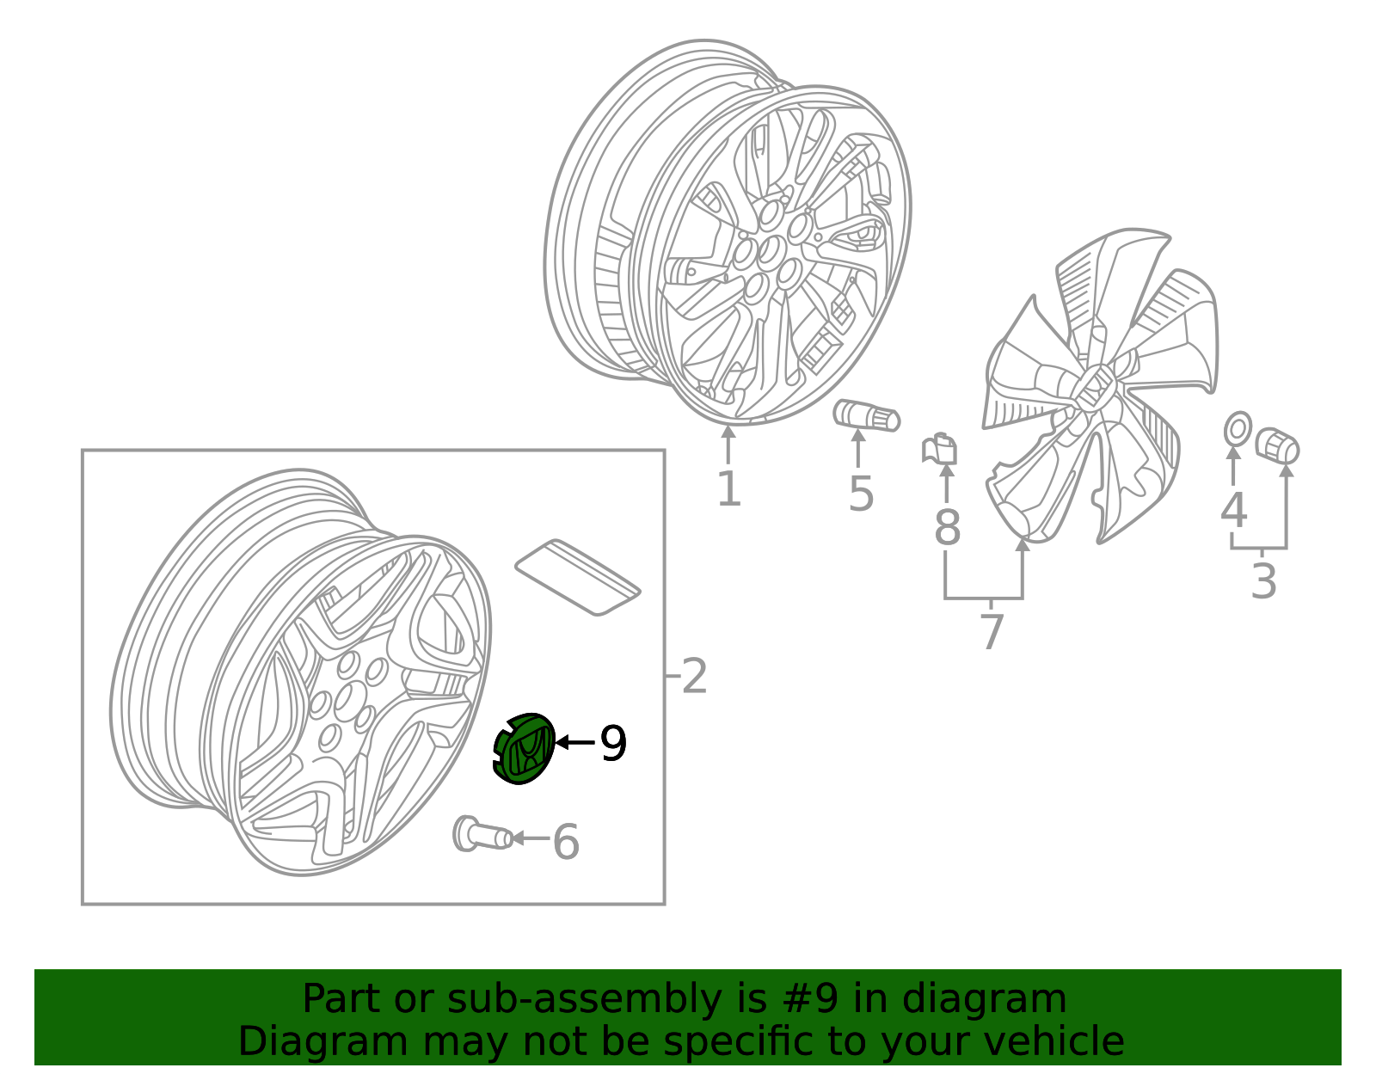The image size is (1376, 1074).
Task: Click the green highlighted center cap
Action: click(524, 748)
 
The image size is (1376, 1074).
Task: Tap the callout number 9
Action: click(613, 744)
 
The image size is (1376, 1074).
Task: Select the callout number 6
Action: click(566, 842)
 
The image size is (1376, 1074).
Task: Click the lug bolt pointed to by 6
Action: click(482, 834)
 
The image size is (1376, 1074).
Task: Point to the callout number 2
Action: click(694, 676)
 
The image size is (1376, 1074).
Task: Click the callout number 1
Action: click(729, 488)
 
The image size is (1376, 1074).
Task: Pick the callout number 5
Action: click(861, 494)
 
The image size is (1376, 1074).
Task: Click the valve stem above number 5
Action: click(866, 416)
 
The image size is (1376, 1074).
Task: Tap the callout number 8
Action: click(948, 526)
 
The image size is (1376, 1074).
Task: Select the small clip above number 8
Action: click(940, 450)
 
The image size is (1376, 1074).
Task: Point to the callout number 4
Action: click(1233, 510)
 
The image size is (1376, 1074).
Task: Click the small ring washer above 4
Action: click(1238, 430)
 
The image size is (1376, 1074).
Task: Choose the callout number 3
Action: click(1263, 581)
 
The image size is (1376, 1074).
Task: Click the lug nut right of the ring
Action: click(1277, 445)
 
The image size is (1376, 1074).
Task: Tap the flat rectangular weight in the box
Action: click(578, 577)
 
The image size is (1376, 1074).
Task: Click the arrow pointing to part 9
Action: click(575, 742)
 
